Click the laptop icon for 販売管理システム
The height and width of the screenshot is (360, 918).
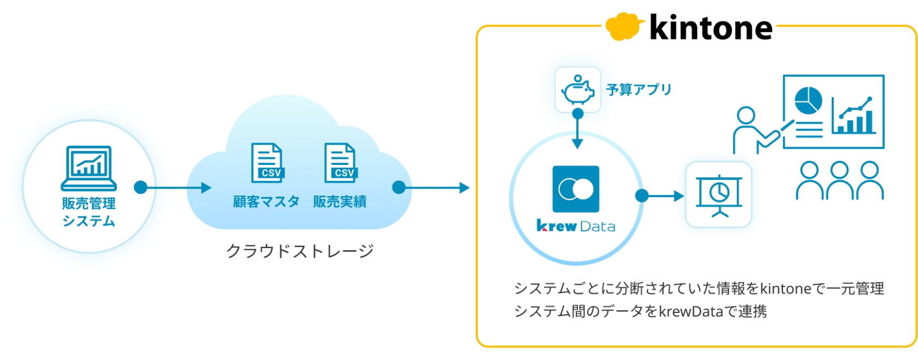pyautogui.click(x=89, y=168)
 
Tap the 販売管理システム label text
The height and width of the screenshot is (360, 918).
pyautogui.click(x=89, y=212)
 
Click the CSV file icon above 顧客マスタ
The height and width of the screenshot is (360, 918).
pyautogui.click(x=267, y=163)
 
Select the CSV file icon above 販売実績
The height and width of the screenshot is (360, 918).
pyautogui.click(x=340, y=163)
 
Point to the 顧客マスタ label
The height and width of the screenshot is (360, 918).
pyautogui.click(x=266, y=202)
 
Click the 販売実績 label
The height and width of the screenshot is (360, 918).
pyautogui.click(x=340, y=202)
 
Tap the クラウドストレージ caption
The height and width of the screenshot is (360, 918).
pyautogui.click(x=299, y=251)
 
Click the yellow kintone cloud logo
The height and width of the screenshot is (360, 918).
pyautogui.click(x=623, y=27)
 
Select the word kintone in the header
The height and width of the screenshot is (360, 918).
pyautogui.click(x=711, y=28)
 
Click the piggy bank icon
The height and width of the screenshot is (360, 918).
pyautogui.click(x=577, y=89)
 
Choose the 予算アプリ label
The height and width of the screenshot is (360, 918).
pyautogui.click(x=638, y=89)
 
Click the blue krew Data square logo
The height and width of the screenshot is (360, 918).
pyautogui.click(x=576, y=189)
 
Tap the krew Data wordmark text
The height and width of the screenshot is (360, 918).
pyautogui.click(x=576, y=227)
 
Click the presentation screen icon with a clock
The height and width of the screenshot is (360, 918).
pyautogui.click(x=719, y=195)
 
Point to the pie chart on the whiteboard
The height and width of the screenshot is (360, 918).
pyautogui.click(x=808, y=100)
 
